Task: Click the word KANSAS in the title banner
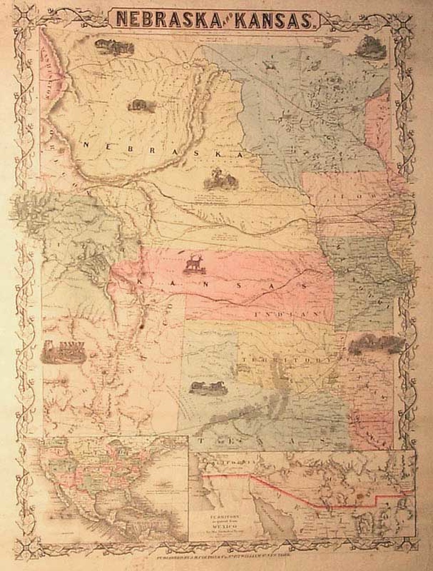pyautogui.click(x=276, y=19)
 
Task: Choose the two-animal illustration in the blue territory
pyautogui.click(x=207, y=386)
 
